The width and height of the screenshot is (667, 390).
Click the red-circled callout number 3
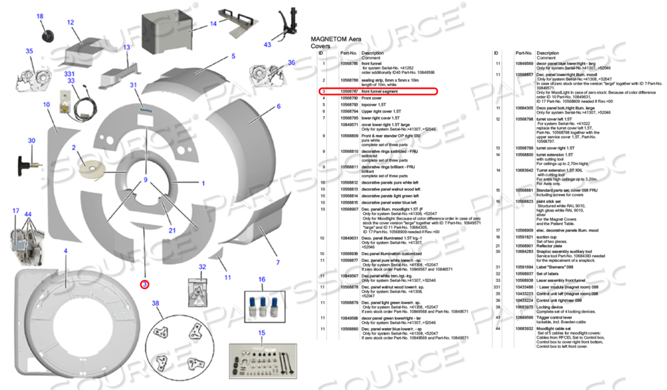(x=144, y=283)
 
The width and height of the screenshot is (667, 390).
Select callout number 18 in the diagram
(x=39, y=16)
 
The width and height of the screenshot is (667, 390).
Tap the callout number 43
(x=267, y=45)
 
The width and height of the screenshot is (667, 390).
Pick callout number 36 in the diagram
(x=291, y=62)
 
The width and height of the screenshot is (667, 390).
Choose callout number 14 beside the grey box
(x=213, y=24)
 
